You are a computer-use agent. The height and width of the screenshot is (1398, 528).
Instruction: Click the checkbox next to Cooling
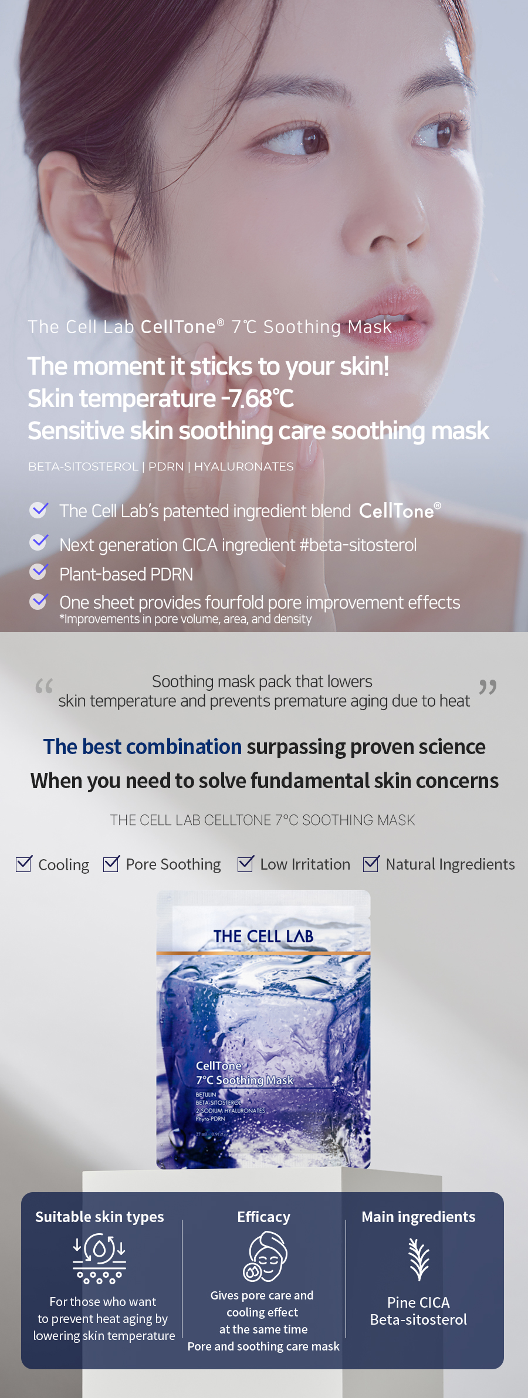(23, 863)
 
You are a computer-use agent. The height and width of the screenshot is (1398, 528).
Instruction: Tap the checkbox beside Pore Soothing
(111, 863)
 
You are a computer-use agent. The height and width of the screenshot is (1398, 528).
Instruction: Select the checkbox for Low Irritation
(246, 863)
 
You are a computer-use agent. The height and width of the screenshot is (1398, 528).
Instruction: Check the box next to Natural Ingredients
(371, 863)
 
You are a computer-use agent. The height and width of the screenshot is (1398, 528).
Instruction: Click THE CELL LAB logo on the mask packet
(263, 936)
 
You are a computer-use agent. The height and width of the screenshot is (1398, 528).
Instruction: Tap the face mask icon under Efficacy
(265, 1256)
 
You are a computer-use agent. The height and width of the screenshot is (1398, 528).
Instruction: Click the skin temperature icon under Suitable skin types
(99, 1258)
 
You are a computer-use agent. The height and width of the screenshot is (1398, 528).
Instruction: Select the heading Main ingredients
(418, 1217)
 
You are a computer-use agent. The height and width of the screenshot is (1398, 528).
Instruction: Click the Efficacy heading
(263, 1217)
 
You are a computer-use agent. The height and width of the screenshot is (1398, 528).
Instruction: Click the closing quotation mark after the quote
(488, 686)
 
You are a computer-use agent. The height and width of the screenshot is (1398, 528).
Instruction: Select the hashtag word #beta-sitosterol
(358, 545)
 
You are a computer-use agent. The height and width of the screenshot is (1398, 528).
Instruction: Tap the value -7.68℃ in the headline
(257, 399)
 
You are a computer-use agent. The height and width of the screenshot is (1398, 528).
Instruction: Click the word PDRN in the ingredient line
(166, 466)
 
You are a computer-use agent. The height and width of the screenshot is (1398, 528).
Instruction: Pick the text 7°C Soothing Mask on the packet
(245, 1080)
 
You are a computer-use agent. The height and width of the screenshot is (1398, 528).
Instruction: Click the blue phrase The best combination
(143, 746)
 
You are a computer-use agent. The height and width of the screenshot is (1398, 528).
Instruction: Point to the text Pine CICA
(418, 1302)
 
